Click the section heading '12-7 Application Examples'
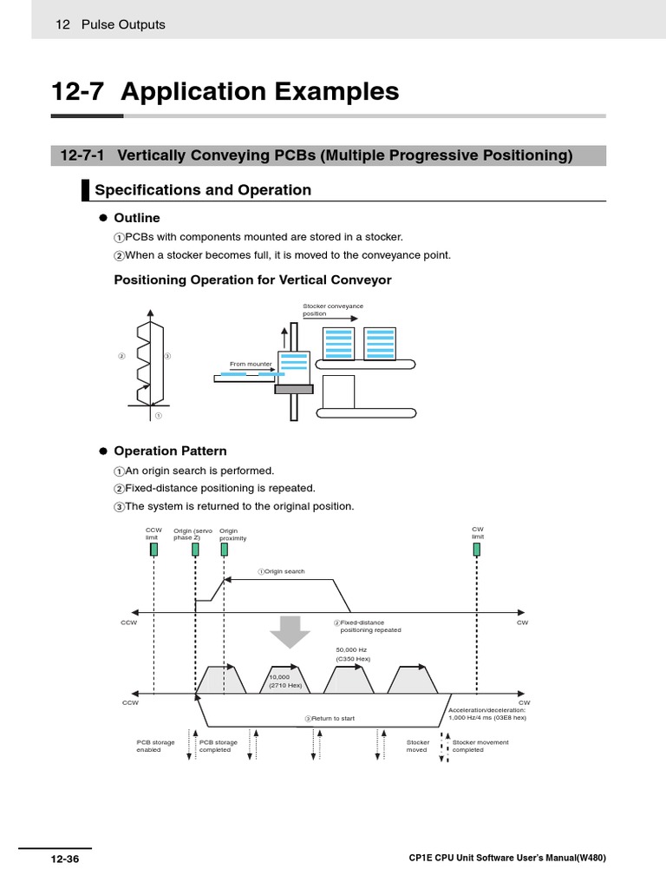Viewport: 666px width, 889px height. point(225,92)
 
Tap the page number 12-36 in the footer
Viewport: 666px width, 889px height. point(64,859)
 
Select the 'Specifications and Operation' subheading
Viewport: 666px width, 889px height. point(202,190)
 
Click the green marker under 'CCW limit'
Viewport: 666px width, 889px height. point(153,550)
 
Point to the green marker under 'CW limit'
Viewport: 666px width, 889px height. point(477,550)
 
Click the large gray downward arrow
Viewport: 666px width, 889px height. point(290,631)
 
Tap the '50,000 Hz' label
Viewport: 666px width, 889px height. point(351,649)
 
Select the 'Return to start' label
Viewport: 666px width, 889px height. point(330,718)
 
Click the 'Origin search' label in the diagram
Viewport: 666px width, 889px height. point(282,572)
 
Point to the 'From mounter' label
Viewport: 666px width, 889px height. point(251,364)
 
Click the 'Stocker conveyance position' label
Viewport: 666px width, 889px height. point(333,310)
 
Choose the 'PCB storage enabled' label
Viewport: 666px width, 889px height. point(155,746)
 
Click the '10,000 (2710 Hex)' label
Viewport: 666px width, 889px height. point(285,681)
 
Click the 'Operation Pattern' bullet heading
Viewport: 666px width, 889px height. point(170,451)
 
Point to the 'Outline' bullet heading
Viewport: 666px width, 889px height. point(137,218)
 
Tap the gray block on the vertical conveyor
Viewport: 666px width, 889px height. point(294,389)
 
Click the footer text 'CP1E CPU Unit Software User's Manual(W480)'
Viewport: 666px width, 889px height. point(506,859)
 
